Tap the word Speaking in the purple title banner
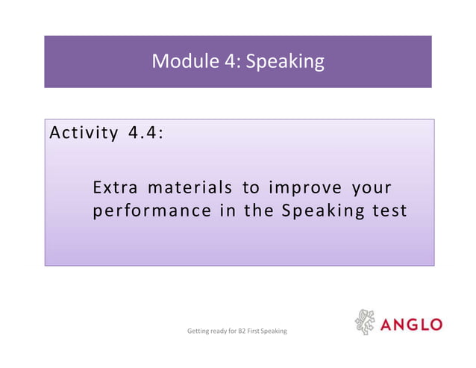tap(285, 62)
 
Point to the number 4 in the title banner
tap(229, 61)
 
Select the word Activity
tap(78, 134)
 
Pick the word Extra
tap(115, 186)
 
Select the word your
tap(368, 187)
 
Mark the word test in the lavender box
tap(389, 210)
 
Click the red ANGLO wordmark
tap(412, 325)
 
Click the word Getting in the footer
tap(198, 330)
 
